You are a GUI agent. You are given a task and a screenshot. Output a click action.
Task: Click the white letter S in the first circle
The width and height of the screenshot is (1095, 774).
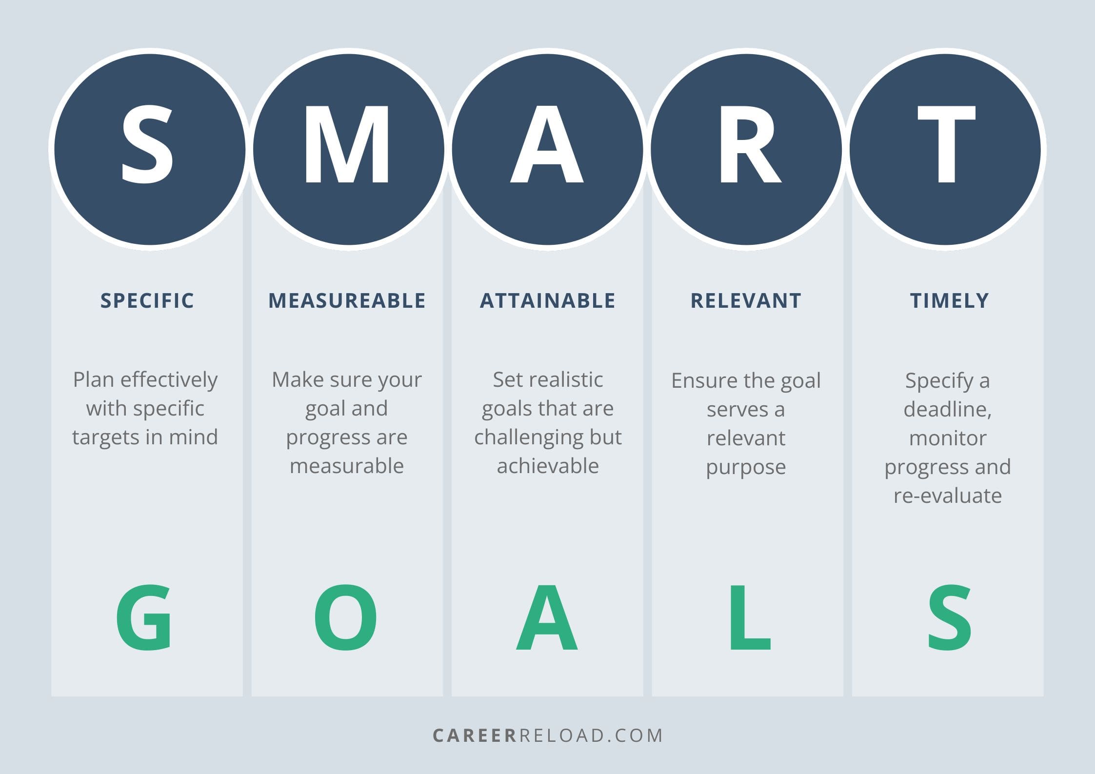point(147,145)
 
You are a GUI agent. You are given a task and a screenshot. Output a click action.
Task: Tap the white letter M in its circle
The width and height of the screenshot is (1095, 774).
point(347,145)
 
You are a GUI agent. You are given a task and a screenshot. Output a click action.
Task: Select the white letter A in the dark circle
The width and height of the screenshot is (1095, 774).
point(547,145)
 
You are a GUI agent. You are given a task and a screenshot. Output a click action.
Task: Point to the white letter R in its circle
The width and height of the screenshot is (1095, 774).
point(749,145)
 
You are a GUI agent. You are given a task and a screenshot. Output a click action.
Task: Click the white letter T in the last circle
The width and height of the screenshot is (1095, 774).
point(946,145)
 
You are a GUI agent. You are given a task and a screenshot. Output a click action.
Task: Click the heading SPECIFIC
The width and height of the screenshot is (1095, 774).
point(147,300)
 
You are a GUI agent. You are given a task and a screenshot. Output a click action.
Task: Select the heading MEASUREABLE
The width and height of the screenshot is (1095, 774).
point(347,300)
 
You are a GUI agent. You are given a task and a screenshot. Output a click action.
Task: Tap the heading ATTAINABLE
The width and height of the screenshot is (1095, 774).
point(547,300)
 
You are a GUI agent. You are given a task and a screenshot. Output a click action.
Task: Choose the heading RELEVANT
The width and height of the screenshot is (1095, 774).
point(746,300)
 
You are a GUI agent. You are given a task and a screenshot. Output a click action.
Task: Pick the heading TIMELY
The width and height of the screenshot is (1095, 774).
point(949,300)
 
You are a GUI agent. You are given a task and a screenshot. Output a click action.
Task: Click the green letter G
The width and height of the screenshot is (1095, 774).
point(144,617)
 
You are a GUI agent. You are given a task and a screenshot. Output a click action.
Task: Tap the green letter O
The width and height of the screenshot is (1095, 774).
point(345,617)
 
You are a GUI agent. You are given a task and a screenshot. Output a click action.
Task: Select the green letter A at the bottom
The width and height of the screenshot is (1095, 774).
point(547,618)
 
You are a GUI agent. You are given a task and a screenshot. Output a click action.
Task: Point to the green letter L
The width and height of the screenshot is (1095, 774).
point(749,618)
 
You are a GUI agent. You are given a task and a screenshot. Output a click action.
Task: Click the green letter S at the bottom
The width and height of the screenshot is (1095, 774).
point(949,617)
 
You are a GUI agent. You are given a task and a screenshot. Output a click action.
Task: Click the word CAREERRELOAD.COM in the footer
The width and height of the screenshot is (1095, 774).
point(547,735)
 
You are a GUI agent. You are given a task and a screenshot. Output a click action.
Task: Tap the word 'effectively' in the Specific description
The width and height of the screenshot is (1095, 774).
point(169,379)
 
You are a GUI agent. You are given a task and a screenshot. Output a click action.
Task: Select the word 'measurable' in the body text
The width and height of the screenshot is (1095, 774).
point(347,466)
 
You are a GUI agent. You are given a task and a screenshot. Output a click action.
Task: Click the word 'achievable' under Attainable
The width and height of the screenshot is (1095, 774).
point(548,466)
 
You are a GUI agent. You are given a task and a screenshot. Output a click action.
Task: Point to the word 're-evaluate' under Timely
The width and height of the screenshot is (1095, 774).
point(947,496)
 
